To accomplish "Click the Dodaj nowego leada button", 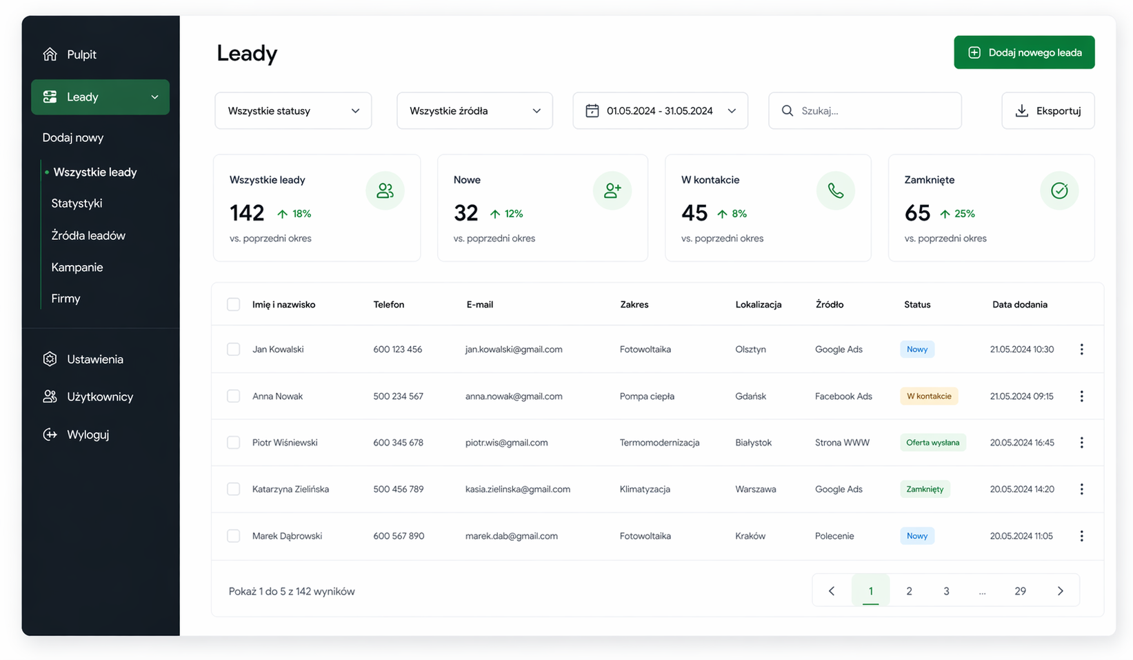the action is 1024,52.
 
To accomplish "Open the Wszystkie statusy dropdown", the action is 293,111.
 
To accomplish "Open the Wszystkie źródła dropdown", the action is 474,111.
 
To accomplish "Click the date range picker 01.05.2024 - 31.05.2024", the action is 660,111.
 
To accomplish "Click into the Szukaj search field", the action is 865,111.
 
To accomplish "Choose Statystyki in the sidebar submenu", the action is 77,203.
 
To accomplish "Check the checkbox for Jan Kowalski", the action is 233,349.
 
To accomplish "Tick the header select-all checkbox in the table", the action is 233,304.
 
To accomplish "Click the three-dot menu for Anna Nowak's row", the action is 1081,396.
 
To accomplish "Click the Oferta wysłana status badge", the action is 933,443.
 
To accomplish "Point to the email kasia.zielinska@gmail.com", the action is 518,489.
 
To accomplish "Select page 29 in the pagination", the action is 1020,591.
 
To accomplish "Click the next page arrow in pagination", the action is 1060,591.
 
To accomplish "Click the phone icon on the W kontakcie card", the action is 836,190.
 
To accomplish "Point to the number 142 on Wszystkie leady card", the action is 247,213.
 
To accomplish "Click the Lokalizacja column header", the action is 758,304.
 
